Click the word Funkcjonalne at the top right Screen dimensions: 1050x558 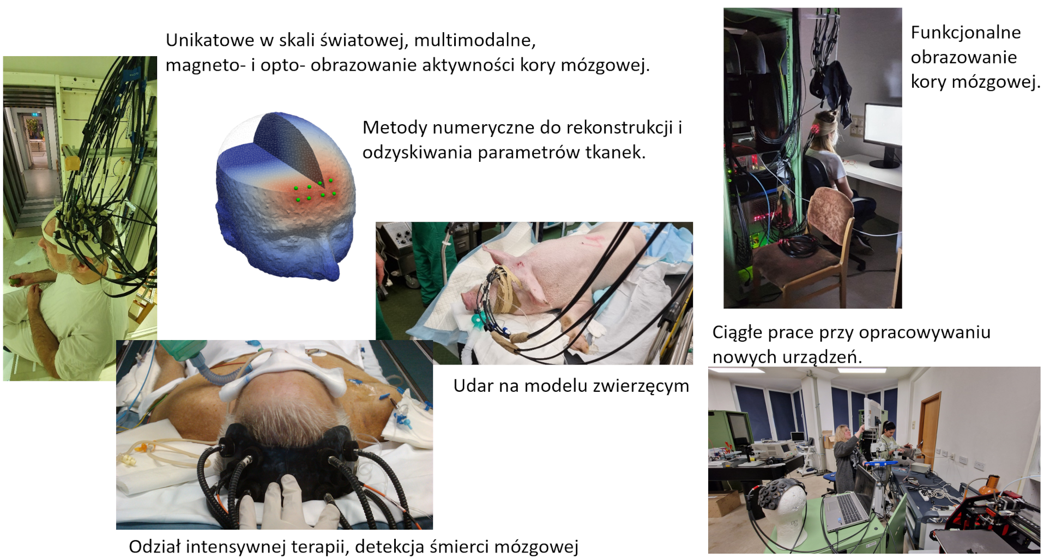(965, 33)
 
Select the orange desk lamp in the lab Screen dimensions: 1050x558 (990, 485)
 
